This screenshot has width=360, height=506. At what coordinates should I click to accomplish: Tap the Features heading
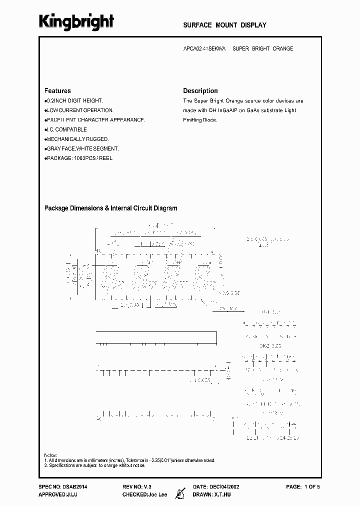click(57, 91)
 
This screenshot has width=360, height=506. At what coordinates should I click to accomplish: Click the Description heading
click(200, 91)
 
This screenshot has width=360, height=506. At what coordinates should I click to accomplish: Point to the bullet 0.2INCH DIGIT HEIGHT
click(74, 101)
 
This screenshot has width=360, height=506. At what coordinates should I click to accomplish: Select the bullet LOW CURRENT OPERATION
click(79, 110)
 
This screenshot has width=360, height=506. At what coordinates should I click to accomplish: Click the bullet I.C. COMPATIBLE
click(66, 129)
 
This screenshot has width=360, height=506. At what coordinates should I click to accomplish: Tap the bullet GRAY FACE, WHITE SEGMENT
click(82, 148)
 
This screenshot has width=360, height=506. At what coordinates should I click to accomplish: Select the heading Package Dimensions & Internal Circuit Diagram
click(111, 208)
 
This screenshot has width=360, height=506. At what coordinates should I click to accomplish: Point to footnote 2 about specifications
click(94, 465)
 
